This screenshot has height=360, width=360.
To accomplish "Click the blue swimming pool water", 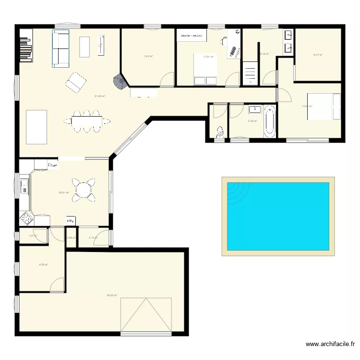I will (278, 216).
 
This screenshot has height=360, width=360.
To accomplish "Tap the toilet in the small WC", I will (220, 131).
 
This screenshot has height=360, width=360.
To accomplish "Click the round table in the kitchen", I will (84, 189).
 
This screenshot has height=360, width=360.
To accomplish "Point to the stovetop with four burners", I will (26, 219).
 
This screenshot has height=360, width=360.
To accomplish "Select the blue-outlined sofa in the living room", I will (61, 48).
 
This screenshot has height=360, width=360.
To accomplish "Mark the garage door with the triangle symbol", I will (146, 314).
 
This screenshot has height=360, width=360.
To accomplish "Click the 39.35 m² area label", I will (112, 296).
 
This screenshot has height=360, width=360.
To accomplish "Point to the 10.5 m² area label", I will (148, 56).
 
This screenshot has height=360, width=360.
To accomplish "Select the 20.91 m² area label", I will (64, 193).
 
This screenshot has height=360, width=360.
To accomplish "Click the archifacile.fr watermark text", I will (331, 344).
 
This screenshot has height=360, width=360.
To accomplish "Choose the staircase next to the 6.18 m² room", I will (251, 73).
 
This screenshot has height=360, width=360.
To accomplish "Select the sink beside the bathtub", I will (255, 108).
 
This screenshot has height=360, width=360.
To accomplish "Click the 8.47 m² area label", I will (318, 55).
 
